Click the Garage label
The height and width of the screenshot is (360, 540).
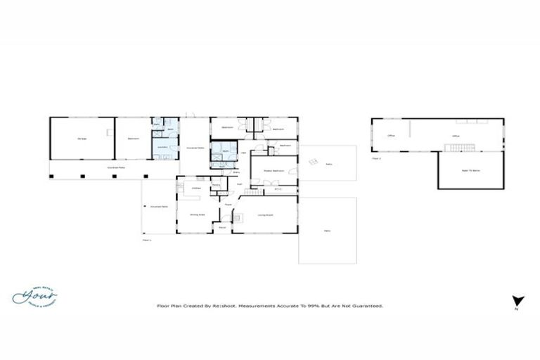click(81, 139)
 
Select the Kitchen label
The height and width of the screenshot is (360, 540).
click(197, 188)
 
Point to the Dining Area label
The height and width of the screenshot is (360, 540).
click(198, 214)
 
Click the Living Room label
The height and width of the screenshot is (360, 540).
click(264, 215)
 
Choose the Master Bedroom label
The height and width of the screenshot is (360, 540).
click(273, 171)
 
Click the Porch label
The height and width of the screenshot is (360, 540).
click(222, 227)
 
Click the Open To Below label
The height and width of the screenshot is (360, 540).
click(470, 171)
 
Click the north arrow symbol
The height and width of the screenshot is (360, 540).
click(517, 300)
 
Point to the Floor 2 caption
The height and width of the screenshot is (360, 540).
click(376, 158)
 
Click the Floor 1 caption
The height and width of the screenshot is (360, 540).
click(147, 240)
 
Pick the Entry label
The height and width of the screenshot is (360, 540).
click(226, 172)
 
